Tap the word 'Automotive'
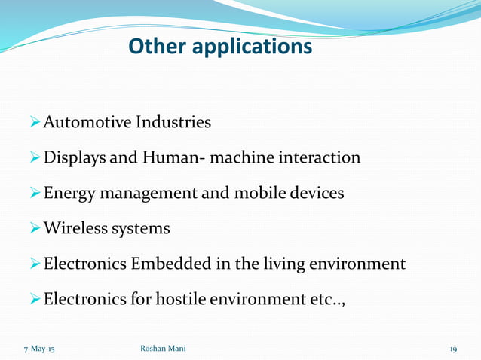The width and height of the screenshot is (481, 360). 88,121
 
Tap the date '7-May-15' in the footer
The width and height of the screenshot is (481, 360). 33,349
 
